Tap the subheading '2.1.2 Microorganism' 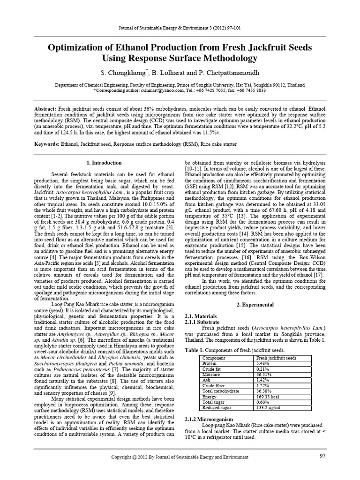pos(209,419)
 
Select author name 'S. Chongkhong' pos(123,74)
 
